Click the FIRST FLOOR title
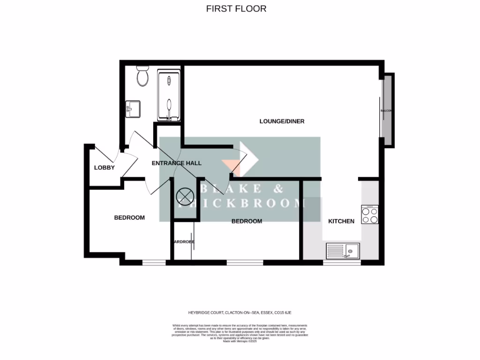click(x=236, y=8)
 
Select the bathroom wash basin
click(x=132, y=110)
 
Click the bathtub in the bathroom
click(x=169, y=96)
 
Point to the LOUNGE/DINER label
click(x=282, y=121)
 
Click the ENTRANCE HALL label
click(x=177, y=163)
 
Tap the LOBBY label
click(x=104, y=168)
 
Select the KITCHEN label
click(x=341, y=221)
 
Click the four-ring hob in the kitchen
click(x=370, y=215)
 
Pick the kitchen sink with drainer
click(x=343, y=251)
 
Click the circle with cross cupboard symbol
click(x=184, y=196)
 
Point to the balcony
click(x=387, y=111)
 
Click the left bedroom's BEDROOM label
click(x=129, y=217)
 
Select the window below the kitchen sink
click(x=342, y=262)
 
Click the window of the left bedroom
click(x=153, y=262)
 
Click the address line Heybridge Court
click(x=240, y=312)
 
